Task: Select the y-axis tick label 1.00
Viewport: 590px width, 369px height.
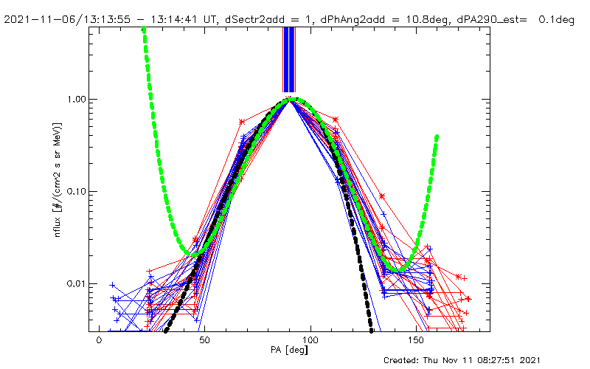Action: [74, 99]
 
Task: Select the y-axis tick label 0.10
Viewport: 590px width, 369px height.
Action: [74, 191]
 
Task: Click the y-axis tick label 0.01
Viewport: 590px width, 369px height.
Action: [74, 284]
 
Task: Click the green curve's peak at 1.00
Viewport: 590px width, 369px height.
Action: [293, 99]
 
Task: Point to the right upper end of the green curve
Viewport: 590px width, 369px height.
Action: [437, 137]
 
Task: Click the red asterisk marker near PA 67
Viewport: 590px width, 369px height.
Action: [242, 122]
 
